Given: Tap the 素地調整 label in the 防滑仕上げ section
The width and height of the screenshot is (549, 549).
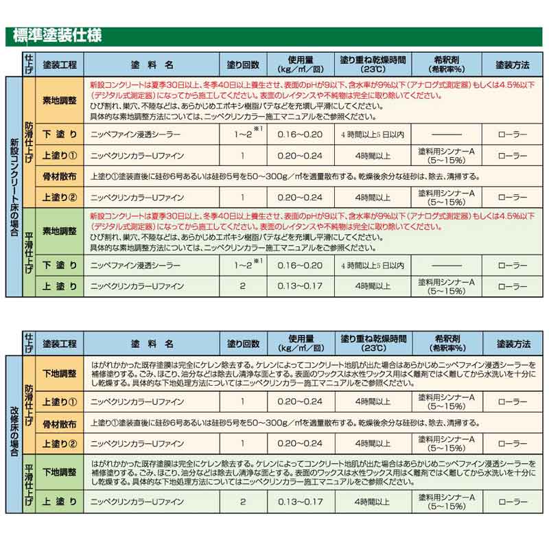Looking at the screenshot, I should [x=60, y=100].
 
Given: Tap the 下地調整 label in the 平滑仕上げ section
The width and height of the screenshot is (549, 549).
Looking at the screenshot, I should [x=60, y=473].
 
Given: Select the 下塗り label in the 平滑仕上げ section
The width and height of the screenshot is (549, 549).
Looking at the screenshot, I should [x=60, y=265].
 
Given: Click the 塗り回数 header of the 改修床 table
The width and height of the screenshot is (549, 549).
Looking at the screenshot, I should [x=243, y=343].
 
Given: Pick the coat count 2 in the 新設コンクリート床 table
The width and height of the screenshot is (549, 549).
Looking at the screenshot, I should [x=243, y=285].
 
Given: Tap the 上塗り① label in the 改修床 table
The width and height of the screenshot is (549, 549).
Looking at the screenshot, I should [x=60, y=401].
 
